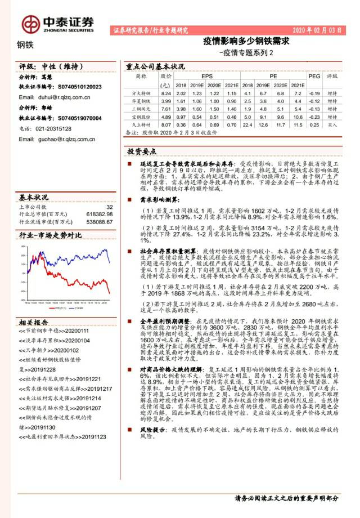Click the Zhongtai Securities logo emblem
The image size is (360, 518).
[x=30, y=23]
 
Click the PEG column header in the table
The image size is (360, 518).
[x=314, y=75]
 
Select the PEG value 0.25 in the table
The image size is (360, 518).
[x=314, y=124]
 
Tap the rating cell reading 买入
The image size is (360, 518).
[x=332, y=124]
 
